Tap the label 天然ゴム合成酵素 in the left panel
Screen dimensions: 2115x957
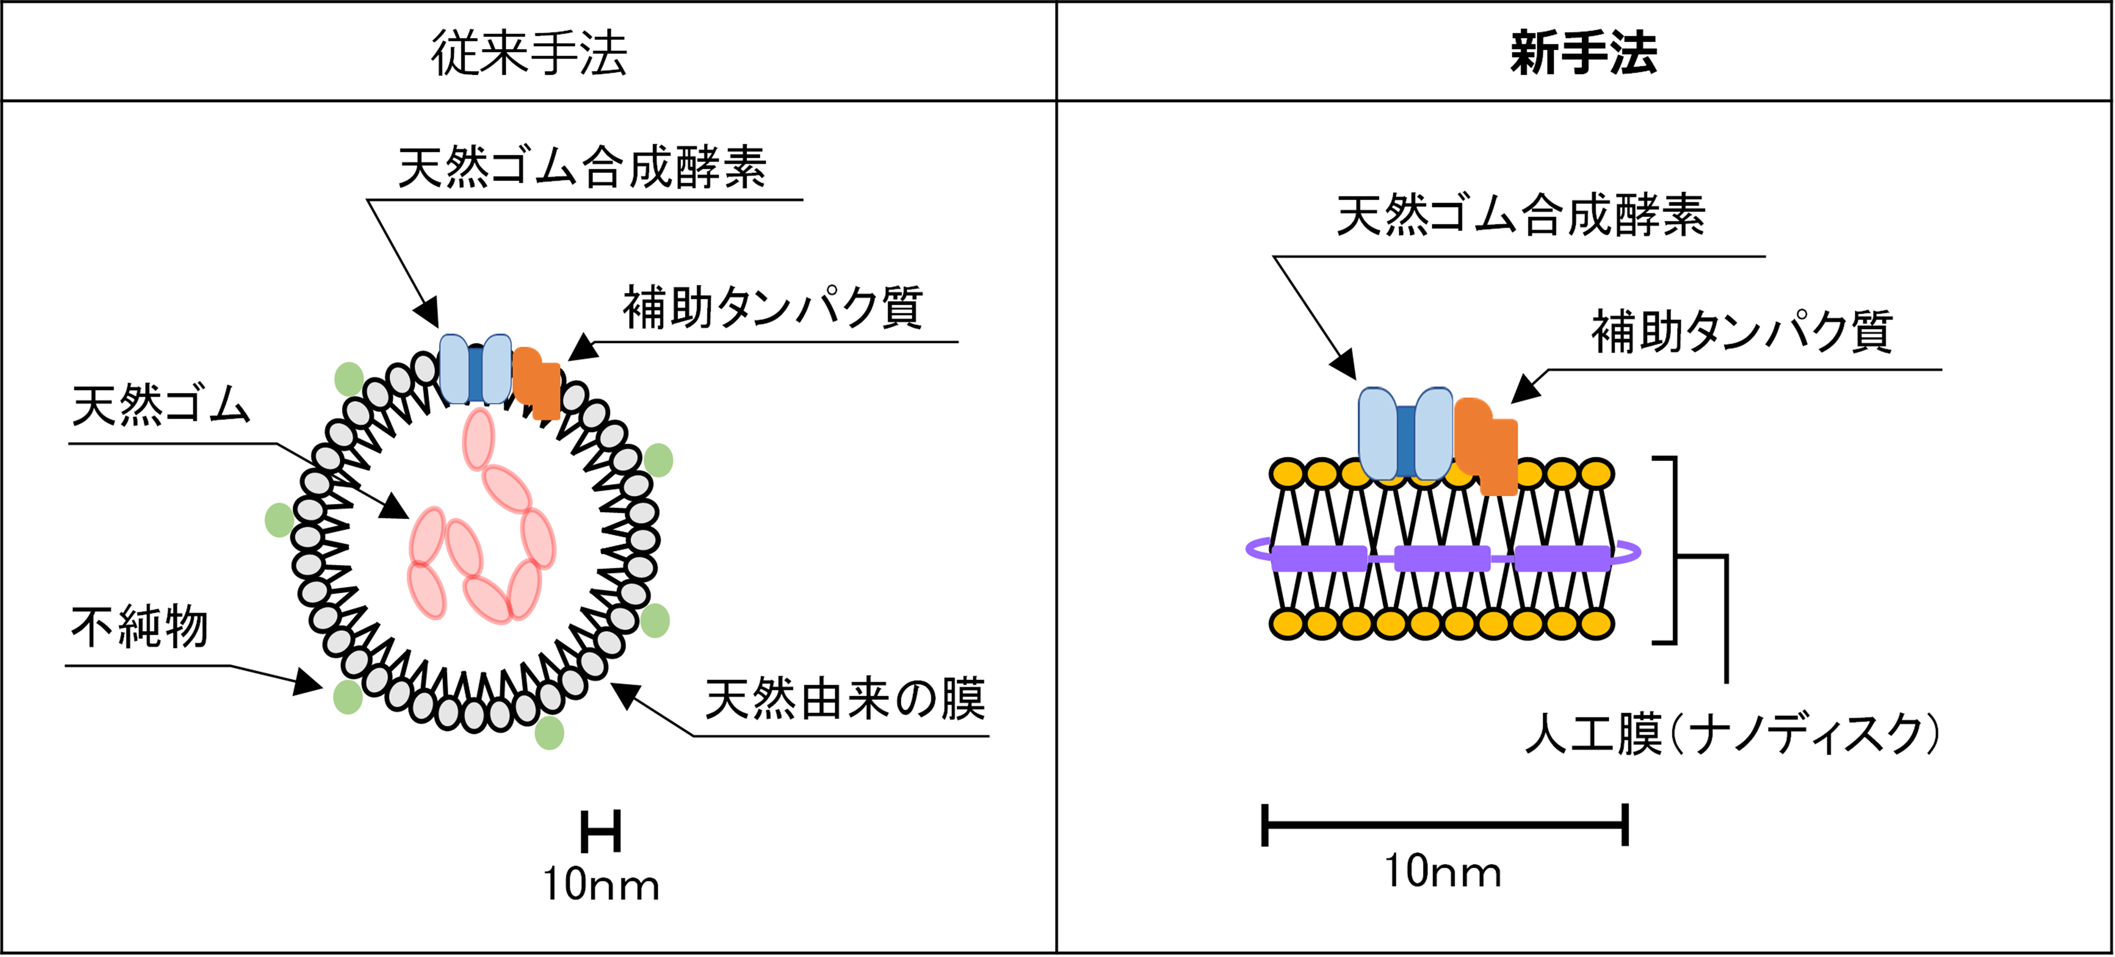pyautogui.click(x=582, y=168)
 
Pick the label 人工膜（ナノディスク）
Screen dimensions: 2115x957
pyautogui.click(x=1732, y=734)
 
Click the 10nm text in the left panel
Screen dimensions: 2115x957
pyautogui.click(x=601, y=885)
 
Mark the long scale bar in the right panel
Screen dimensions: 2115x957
pyautogui.click(x=1445, y=825)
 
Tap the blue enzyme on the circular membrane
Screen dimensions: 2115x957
pyautogui.click(x=475, y=369)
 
